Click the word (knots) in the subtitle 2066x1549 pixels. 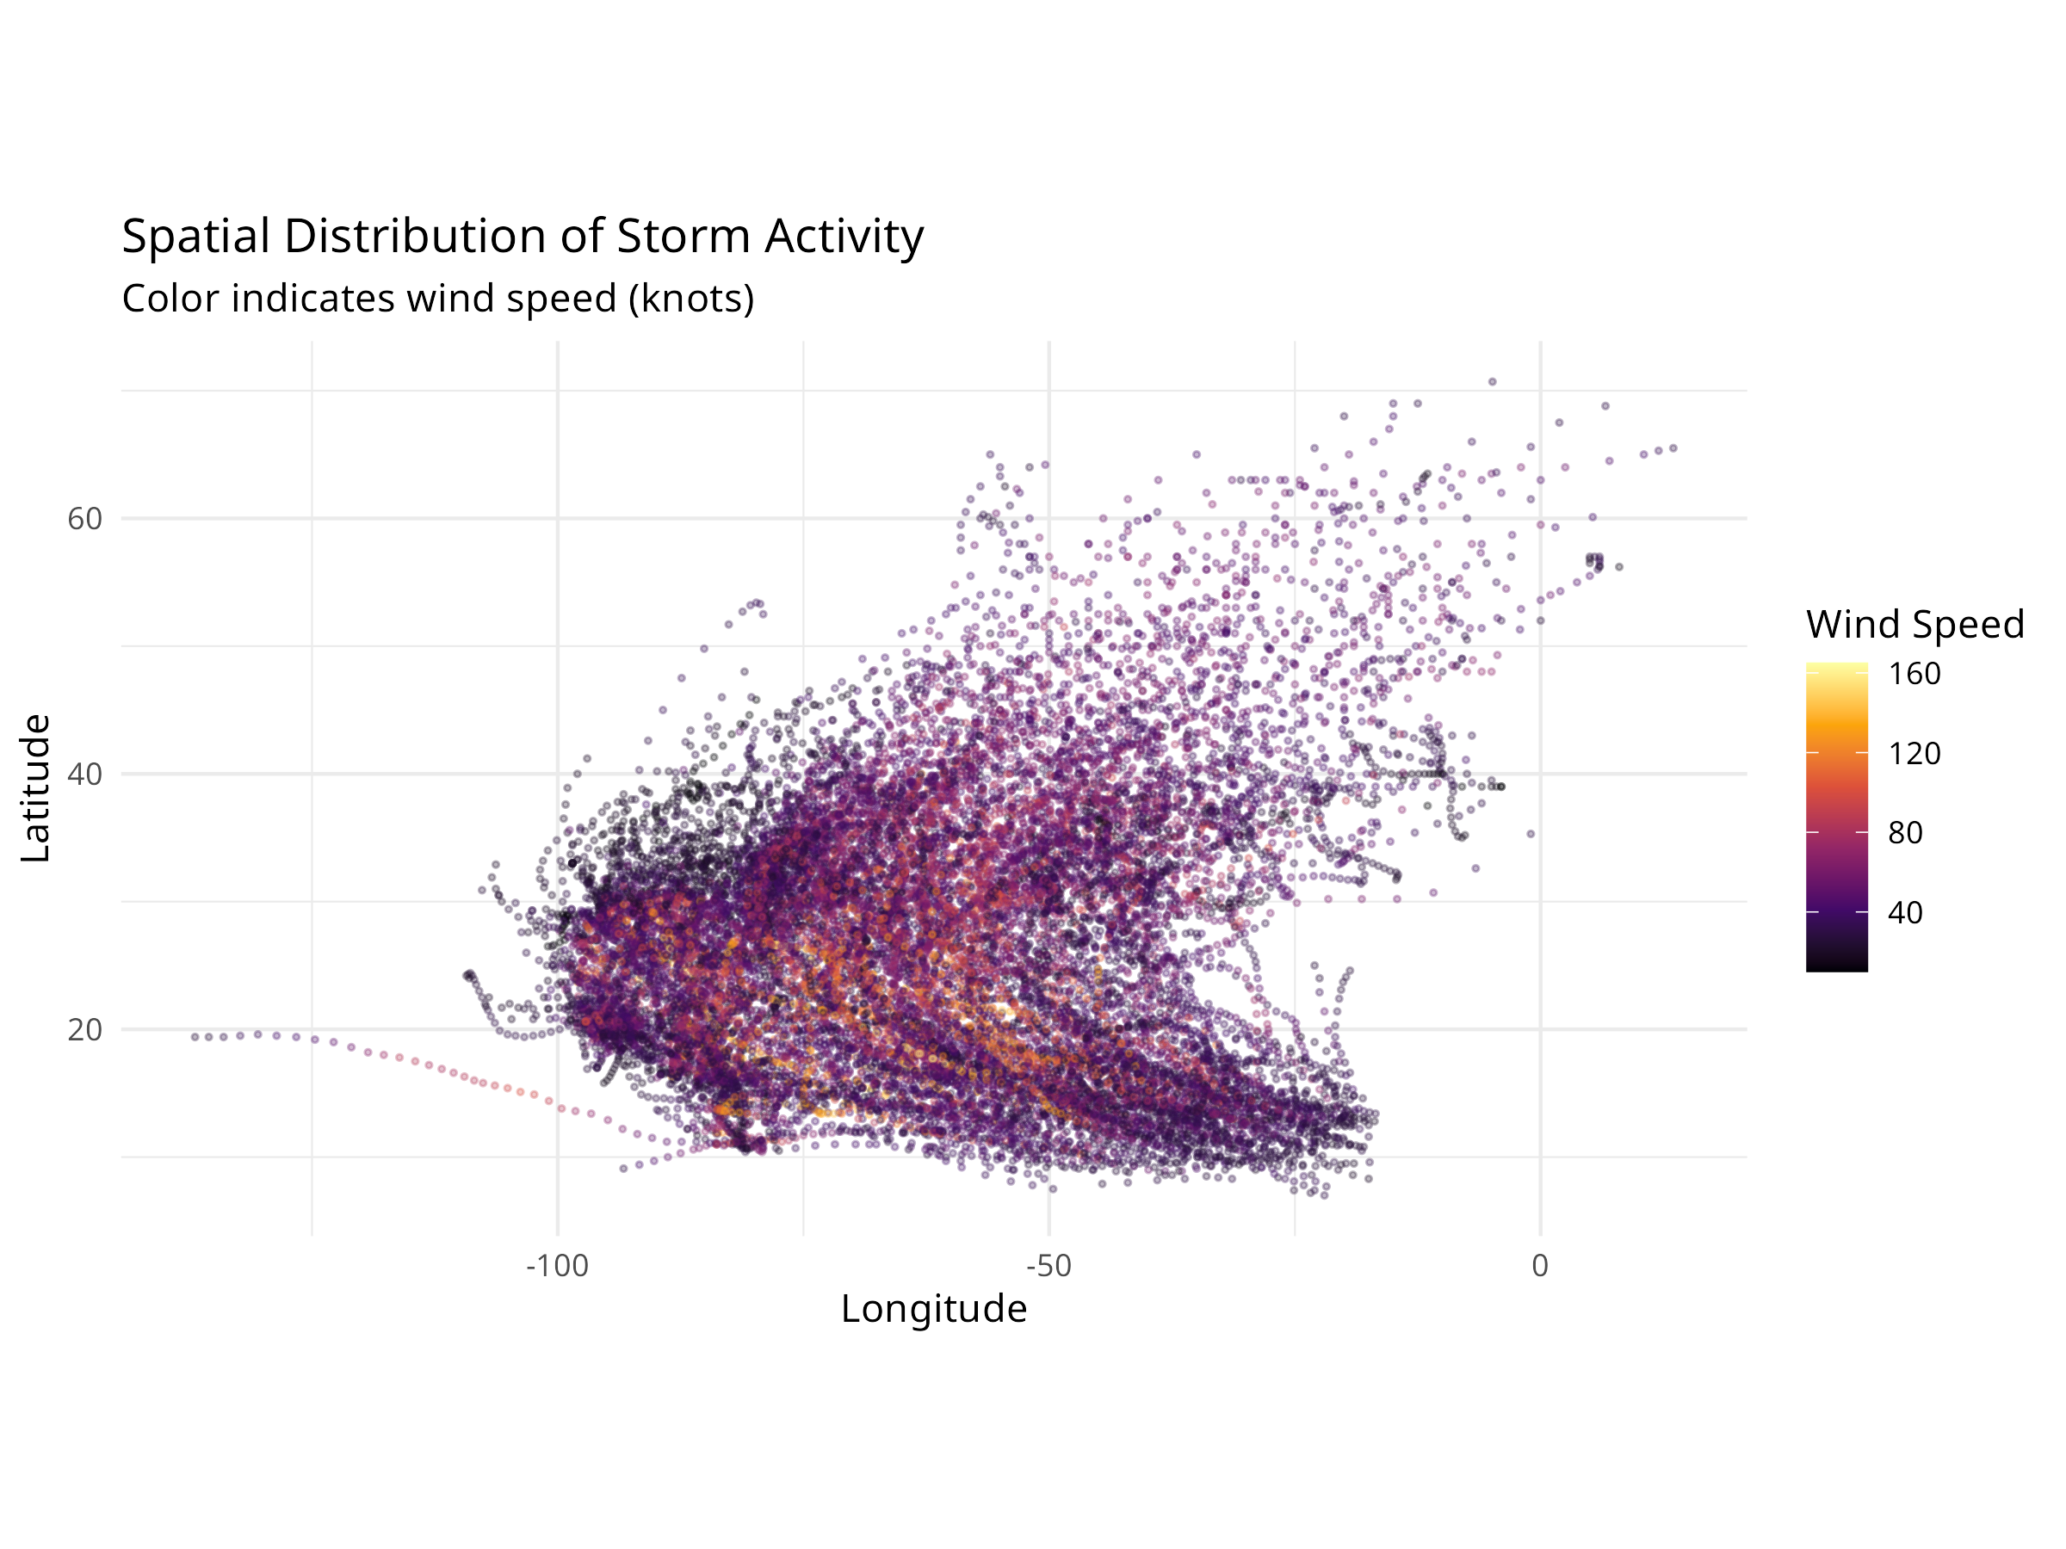[691, 299]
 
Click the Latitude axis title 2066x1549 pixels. [35, 788]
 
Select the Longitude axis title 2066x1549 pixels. [933, 1309]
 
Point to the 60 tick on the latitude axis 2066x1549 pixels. [84, 519]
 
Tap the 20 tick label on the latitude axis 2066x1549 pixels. [84, 1030]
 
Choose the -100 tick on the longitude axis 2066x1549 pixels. [558, 1266]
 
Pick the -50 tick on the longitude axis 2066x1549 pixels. [1048, 1266]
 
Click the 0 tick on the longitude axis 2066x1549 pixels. [1540, 1266]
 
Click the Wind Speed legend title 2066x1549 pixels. [1914, 624]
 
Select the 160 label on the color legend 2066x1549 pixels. [1914, 674]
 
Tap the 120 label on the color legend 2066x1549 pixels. [1914, 754]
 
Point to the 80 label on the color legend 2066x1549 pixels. [1904, 833]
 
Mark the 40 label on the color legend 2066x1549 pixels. [1904, 912]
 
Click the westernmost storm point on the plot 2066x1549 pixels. [195, 1037]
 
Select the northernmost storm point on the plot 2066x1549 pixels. [1493, 382]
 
